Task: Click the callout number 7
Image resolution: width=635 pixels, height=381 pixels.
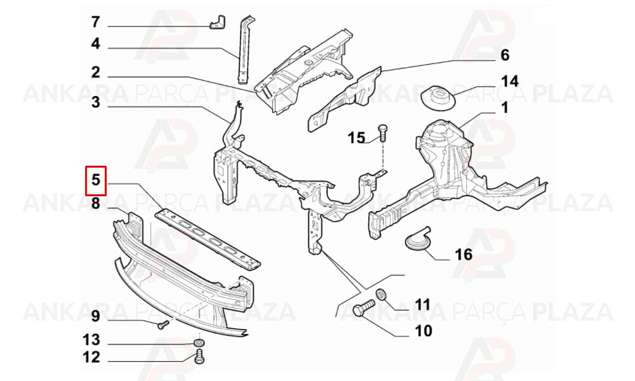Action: [95, 22]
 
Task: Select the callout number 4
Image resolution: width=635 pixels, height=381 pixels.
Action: [96, 43]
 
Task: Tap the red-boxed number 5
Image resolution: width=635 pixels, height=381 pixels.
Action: [96, 180]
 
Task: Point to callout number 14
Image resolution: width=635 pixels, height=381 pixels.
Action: [510, 81]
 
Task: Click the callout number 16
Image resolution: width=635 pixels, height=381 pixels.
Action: [464, 255]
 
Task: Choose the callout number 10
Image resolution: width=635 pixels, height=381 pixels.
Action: [424, 331]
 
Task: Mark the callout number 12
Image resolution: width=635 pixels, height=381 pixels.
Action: [91, 358]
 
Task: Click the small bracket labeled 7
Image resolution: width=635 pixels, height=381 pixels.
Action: [218, 22]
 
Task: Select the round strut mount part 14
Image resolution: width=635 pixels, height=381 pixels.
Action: [438, 97]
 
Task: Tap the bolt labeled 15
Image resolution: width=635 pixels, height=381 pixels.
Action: [383, 133]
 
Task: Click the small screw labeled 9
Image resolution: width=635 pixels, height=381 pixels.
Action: [163, 324]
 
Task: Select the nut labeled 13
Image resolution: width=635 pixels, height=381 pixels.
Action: [198, 343]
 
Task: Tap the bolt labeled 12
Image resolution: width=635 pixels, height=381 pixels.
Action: [199, 356]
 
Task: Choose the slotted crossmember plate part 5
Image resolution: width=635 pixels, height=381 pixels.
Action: [208, 239]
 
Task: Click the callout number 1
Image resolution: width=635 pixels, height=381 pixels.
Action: [504, 108]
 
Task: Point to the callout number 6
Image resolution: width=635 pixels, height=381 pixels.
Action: [505, 55]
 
